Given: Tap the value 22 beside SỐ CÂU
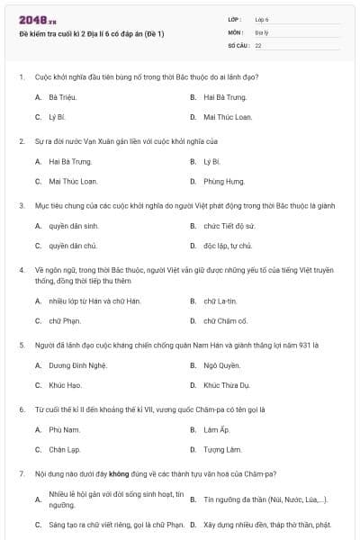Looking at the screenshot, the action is [258, 44].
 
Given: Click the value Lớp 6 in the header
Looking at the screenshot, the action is [262, 18].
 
